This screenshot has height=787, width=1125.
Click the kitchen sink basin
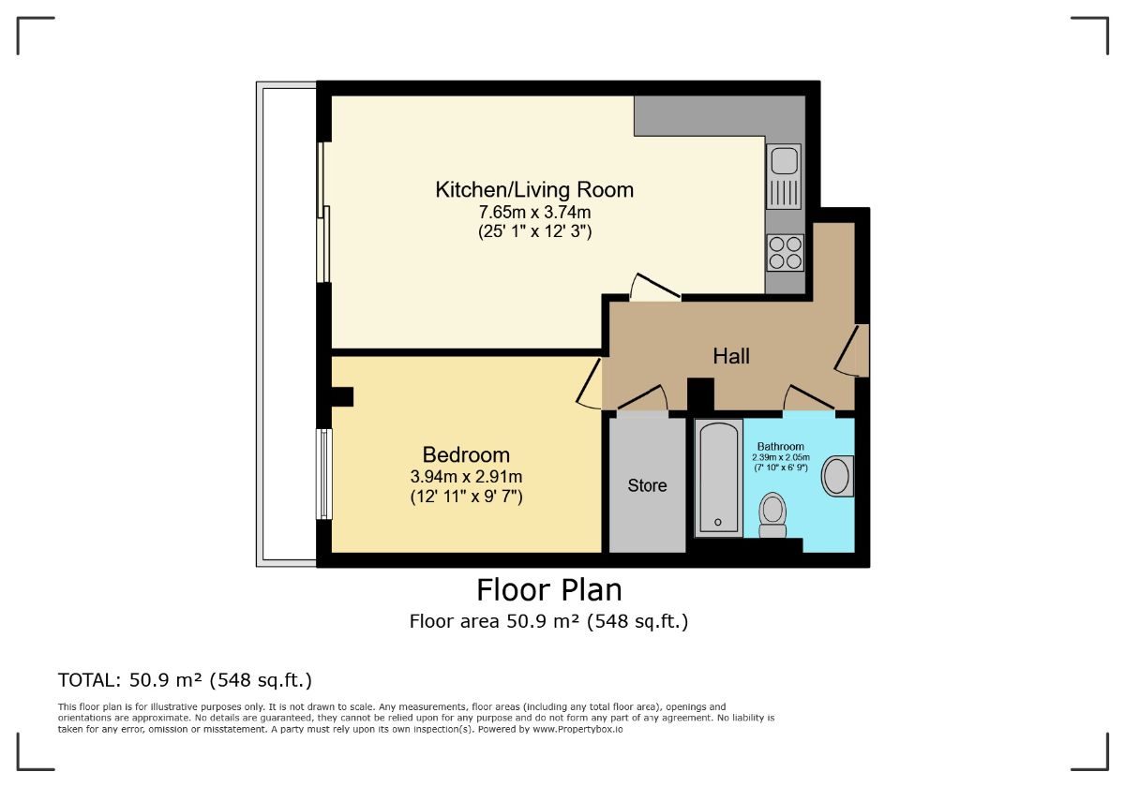[x=784, y=160]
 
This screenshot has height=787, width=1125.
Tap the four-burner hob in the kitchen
[x=786, y=253]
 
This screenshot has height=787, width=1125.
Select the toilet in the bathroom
[x=772, y=515]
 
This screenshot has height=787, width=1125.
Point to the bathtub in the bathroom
[x=719, y=479]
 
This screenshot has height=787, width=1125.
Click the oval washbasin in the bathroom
[x=838, y=476]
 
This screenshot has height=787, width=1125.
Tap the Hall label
[x=731, y=356]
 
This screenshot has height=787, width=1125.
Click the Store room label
[x=648, y=485]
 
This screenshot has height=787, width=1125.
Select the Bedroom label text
[x=466, y=454]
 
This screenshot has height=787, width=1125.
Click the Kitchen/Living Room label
[x=534, y=189]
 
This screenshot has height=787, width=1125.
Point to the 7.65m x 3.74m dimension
[x=534, y=213]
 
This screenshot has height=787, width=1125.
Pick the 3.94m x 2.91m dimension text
[x=466, y=476]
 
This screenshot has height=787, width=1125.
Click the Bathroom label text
[x=780, y=446]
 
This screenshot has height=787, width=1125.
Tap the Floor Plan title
[x=549, y=589]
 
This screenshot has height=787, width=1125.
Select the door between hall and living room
[x=655, y=288]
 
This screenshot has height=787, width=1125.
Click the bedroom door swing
[x=589, y=383]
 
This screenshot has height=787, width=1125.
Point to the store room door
[x=642, y=397]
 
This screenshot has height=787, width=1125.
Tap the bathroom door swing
[x=809, y=397]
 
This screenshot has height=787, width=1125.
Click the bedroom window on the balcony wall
[x=324, y=474]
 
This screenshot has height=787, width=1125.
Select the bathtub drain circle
[x=718, y=522]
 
